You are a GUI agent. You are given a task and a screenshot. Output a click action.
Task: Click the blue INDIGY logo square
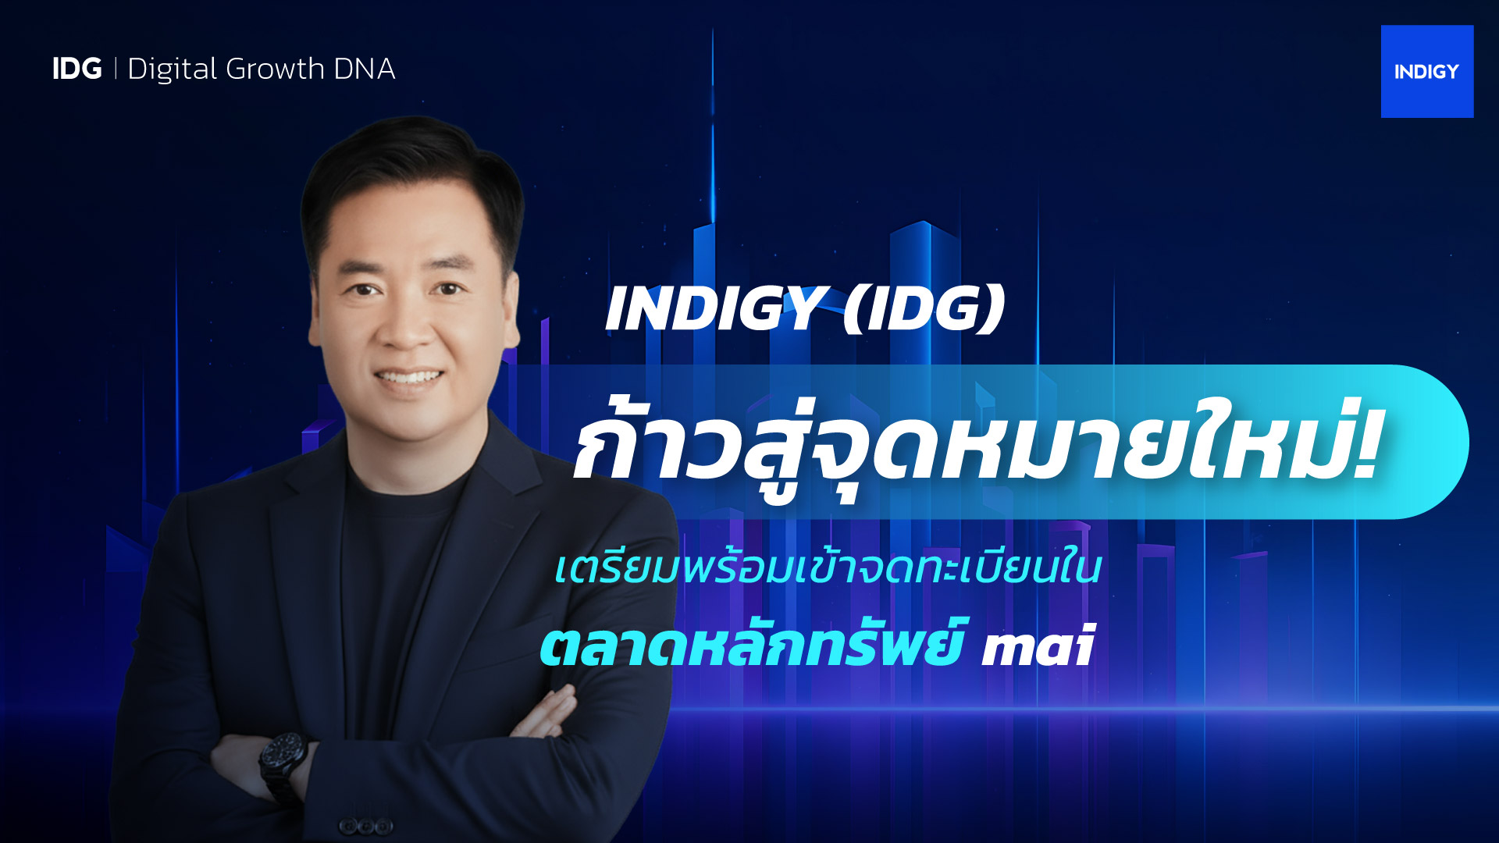[1427, 72]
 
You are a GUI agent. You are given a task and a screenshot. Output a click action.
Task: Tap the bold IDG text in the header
[77, 69]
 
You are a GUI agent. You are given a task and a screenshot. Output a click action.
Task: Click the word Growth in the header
[275, 69]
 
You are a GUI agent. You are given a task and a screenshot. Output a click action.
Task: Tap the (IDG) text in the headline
[924, 309]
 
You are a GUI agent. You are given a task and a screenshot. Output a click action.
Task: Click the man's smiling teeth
[409, 378]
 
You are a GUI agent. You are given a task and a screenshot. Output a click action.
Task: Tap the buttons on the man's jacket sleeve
[365, 826]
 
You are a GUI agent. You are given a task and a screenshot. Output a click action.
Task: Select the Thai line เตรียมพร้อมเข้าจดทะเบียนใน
[828, 568]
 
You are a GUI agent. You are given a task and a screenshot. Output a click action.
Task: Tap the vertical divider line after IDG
[116, 69]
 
